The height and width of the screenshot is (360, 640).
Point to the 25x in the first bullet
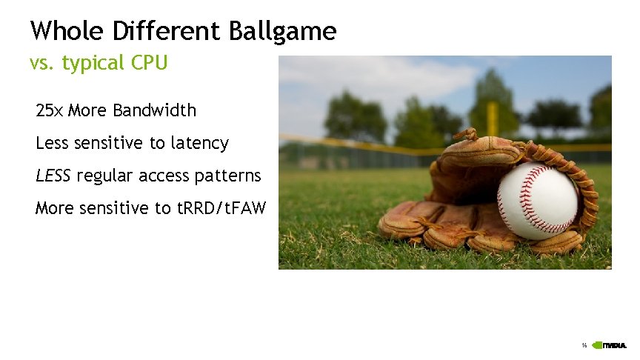coord(50,111)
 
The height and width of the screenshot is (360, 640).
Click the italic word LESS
coord(53,176)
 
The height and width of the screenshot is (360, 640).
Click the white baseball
coord(537,201)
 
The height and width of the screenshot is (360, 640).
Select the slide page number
coord(584,345)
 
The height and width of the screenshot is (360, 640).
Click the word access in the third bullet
coord(163,176)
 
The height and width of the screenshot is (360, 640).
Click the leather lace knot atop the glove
coord(467,134)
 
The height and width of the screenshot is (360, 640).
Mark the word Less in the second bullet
coord(52,143)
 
